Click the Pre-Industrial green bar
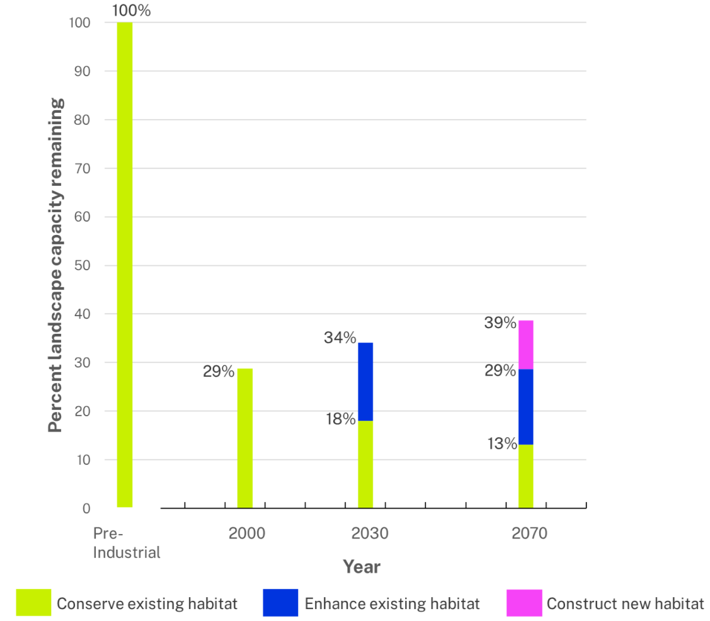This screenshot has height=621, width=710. click(125, 265)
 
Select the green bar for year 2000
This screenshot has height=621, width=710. click(245, 438)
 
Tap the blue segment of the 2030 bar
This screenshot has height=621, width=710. click(365, 382)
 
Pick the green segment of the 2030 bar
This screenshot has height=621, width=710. click(365, 464)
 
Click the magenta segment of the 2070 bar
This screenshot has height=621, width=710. click(526, 345)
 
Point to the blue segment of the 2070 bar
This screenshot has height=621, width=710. click(526, 407)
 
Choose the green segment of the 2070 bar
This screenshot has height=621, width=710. click(526, 476)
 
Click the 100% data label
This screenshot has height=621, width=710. click(131, 11)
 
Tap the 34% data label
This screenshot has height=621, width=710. click(340, 338)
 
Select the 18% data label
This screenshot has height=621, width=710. click(340, 419)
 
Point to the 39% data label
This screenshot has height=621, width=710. click(501, 323)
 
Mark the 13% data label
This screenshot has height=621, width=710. click(501, 444)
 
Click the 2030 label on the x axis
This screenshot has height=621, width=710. click(370, 533)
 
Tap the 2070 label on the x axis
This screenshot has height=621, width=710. click(529, 533)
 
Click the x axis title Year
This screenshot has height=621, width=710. click(362, 567)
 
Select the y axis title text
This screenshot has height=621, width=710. click(55, 265)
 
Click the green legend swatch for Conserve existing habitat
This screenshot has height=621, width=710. click(33, 603)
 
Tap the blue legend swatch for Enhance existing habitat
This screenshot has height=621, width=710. click(280, 603)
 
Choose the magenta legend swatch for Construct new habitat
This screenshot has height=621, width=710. click(524, 603)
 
